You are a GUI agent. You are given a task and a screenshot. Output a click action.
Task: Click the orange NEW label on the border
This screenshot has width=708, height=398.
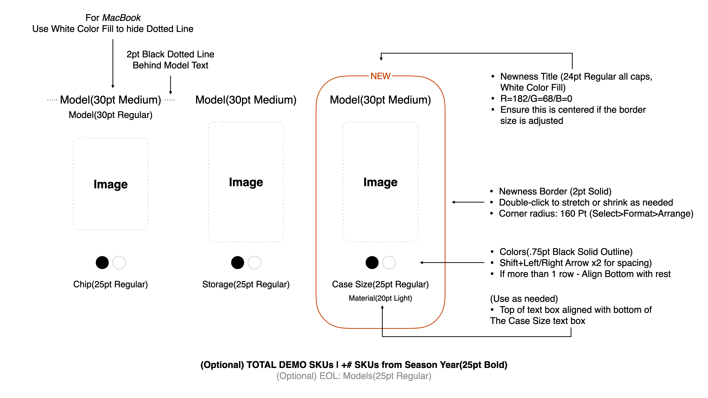380,76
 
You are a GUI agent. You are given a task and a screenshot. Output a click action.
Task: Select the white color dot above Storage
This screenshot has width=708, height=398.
254,263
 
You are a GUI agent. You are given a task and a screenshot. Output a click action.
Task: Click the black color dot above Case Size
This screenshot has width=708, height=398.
372,263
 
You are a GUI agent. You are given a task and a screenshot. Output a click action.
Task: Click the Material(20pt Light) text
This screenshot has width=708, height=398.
380,298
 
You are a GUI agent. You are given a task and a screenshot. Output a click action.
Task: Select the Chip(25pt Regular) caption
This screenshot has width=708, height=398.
110,284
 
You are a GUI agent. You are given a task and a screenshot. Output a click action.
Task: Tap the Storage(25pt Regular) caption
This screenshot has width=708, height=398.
246,284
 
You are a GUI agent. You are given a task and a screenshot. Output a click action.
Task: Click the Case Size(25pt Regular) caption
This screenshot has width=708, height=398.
380,284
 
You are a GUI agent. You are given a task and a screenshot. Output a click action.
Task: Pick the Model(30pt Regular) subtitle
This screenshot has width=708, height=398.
110,115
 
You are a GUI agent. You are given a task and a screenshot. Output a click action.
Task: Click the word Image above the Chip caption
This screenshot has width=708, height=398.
110,184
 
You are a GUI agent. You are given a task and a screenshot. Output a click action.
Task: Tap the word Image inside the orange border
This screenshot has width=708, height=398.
380,182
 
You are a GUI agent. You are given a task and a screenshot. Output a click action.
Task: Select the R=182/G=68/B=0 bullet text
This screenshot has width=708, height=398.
536,99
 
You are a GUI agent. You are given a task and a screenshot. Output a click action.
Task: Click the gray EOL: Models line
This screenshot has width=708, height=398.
354,376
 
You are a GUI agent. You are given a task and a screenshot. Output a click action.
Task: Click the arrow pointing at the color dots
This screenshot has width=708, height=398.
452,263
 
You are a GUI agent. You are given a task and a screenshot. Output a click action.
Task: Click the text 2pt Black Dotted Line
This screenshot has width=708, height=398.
170,54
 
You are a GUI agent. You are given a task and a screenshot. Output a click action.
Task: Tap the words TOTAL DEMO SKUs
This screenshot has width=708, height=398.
290,365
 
